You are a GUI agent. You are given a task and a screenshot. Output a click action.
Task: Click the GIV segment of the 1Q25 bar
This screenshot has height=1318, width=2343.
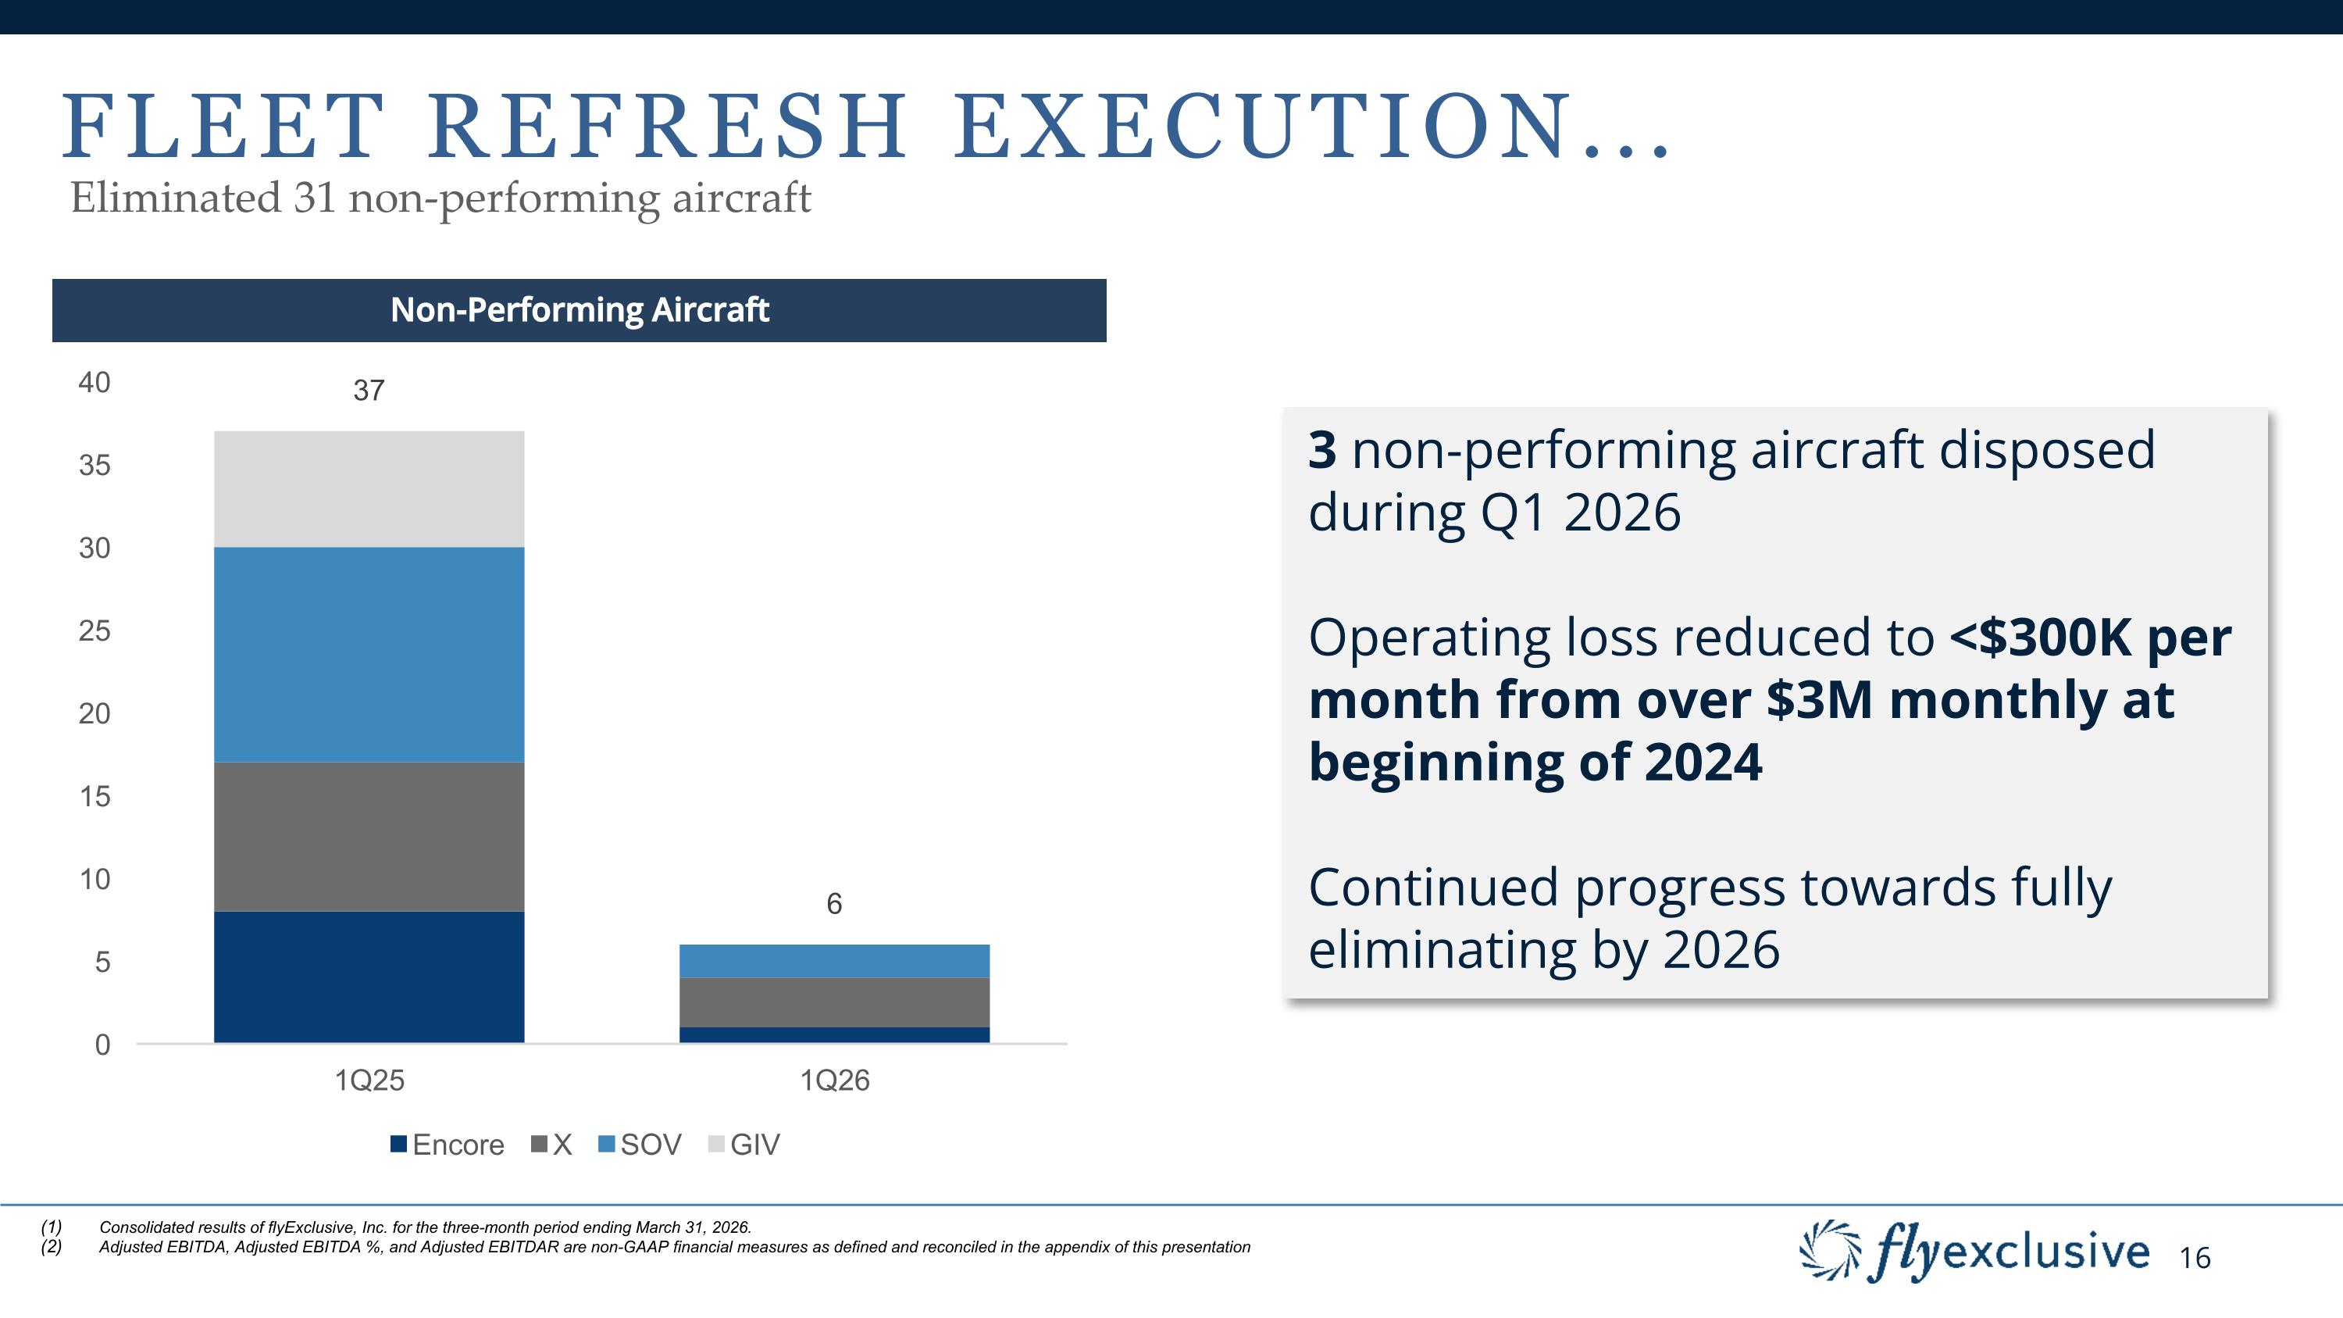click(x=369, y=489)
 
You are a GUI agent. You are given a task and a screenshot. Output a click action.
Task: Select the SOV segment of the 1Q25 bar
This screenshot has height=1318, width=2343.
click(x=369, y=655)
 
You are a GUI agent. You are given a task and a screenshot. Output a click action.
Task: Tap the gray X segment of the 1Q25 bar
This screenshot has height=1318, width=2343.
click(x=369, y=837)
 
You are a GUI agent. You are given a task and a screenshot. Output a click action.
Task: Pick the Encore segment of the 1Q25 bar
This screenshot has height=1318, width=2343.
click(x=369, y=977)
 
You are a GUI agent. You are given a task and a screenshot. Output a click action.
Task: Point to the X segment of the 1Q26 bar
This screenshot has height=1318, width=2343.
click(x=834, y=1002)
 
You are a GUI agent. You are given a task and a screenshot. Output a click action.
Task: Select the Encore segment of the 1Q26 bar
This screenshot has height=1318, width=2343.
click(x=834, y=1035)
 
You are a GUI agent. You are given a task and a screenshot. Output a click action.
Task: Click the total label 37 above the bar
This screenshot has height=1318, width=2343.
click(x=369, y=390)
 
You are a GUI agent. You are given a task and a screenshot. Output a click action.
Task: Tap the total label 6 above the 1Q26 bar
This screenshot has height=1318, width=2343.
click(x=834, y=903)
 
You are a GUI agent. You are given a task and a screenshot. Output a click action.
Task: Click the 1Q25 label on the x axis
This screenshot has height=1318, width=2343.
click(x=369, y=1080)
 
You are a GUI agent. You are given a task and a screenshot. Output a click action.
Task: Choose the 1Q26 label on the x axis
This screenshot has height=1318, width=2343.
click(x=835, y=1080)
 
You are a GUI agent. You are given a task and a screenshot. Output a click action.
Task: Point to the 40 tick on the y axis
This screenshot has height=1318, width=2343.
click(x=95, y=383)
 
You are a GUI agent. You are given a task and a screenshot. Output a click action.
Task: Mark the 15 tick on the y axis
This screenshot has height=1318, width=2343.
click(x=95, y=797)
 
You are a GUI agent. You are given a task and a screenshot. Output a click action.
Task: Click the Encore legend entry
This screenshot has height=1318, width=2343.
click(x=448, y=1145)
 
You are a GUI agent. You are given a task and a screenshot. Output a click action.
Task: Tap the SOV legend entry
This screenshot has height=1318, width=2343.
click(x=640, y=1145)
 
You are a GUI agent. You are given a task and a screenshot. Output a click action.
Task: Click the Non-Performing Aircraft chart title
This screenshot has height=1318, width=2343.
click(x=580, y=310)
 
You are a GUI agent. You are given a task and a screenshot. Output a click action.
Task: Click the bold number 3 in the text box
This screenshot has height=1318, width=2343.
click(x=1321, y=450)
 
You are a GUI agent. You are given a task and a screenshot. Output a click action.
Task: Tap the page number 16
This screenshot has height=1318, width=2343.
click(x=2195, y=1258)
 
